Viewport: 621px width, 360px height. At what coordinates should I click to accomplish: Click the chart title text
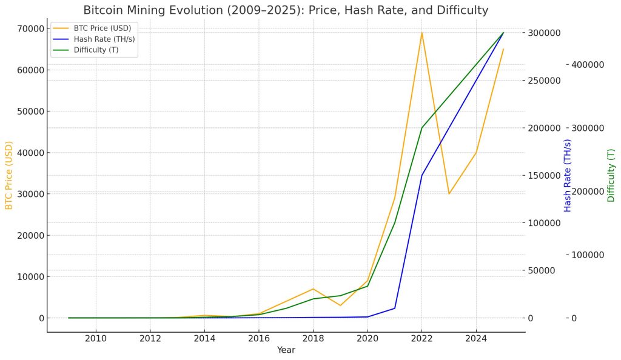(x=285, y=10)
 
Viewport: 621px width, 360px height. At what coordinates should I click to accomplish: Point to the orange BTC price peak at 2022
(x=421, y=32)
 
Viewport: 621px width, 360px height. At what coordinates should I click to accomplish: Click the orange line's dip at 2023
(x=449, y=193)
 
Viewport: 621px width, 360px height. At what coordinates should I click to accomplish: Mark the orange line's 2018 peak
(x=313, y=288)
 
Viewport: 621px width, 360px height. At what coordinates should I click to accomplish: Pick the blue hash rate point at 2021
(x=395, y=308)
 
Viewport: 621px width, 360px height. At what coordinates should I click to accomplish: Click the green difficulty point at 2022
(x=421, y=128)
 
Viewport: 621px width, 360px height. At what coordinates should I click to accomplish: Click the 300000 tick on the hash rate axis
(x=542, y=33)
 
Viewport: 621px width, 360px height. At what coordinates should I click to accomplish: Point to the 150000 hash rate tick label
(x=542, y=175)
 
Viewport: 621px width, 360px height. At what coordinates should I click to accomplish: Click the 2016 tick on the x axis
(x=259, y=338)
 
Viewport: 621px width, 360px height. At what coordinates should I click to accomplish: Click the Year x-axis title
(x=286, y=350)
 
